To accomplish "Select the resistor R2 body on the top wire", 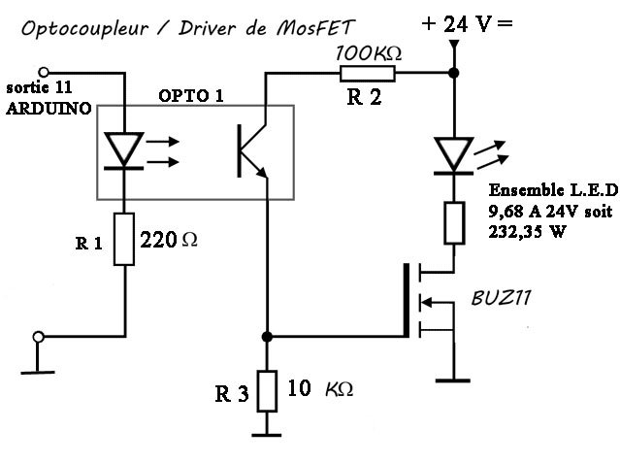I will (366, 72).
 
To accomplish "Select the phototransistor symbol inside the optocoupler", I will (249, 151).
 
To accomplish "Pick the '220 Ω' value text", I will (169, 239).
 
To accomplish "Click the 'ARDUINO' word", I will (49, 109).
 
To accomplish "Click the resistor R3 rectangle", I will (266, 389).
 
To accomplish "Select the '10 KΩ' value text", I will (321, 389).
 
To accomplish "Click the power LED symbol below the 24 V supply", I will (454, 153).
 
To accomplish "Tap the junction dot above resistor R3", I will (266, 337).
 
